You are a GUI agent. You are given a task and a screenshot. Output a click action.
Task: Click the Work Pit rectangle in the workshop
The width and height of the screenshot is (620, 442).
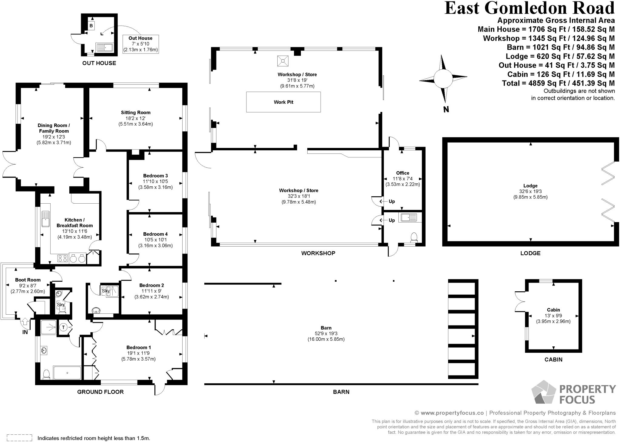coord(283,102)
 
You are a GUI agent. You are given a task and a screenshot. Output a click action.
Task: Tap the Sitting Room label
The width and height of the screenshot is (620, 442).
coord(136,113)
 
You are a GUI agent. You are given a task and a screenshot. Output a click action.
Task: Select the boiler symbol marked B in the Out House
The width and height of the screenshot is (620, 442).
coord(91,26)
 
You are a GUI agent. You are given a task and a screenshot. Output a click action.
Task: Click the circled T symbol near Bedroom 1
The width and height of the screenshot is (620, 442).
coord(64,327)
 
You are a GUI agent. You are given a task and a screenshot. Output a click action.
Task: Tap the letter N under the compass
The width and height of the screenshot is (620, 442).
coord(446,110)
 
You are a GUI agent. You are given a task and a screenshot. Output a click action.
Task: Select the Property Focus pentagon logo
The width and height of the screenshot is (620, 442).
coord(544,392)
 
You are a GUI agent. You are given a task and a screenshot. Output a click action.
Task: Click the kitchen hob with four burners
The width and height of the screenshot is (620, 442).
coord(63,259)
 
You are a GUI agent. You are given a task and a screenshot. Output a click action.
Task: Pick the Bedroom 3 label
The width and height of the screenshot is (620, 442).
coord(156,176)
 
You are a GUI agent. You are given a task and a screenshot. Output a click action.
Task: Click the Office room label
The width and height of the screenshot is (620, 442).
coord(403,173)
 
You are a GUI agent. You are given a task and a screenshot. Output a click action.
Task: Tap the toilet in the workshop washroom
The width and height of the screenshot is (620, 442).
coord(414,238)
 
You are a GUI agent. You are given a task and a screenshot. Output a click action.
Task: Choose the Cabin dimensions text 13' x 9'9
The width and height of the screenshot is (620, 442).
coord(553,316)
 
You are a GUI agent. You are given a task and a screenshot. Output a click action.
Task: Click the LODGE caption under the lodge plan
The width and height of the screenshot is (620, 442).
coord(530,253)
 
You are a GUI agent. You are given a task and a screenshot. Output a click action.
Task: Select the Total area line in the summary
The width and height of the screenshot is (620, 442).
coord(558,83)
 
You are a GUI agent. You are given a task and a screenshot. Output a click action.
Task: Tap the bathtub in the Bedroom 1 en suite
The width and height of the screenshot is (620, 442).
coord(67,373)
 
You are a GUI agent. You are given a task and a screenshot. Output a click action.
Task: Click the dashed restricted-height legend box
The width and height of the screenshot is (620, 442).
coord(19,437)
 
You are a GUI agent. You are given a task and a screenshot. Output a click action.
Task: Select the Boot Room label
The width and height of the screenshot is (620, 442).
coord(28,280)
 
